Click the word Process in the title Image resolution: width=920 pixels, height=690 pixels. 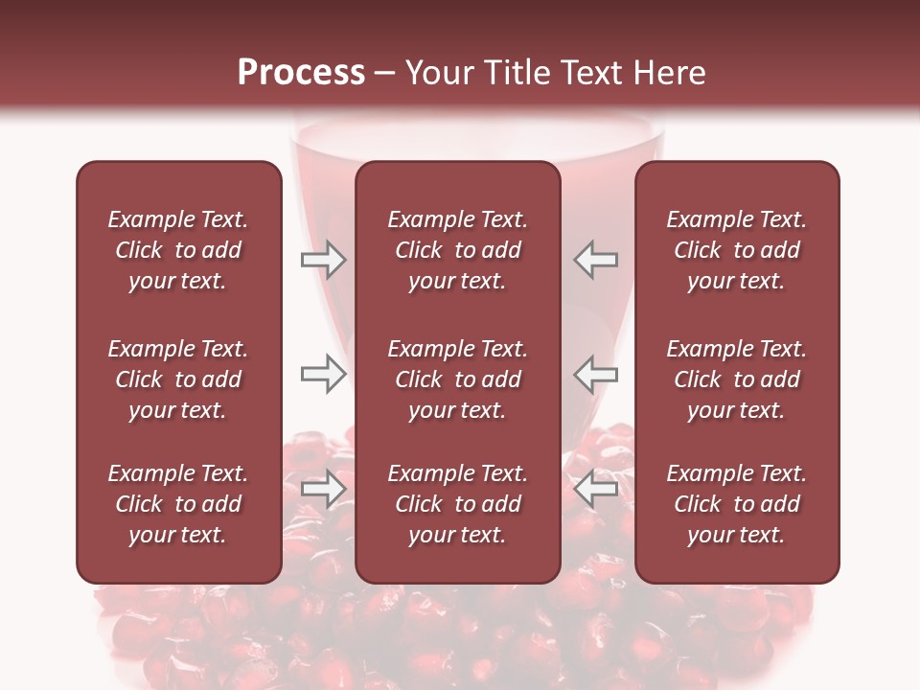[301, 72]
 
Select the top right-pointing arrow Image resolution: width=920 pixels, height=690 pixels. [323, 260]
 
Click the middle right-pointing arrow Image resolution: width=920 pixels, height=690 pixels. [323, 374]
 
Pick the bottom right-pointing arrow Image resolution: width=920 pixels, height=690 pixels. [323, 490]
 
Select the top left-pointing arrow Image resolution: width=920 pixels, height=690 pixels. [595, 260]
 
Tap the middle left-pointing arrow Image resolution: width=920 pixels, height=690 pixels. [595, 374]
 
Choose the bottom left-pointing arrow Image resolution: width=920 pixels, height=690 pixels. [595, 490]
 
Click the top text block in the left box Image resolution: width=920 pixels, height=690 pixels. [178, 250]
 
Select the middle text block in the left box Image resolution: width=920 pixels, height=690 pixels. [178, 379]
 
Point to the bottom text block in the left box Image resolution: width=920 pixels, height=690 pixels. [178, 504]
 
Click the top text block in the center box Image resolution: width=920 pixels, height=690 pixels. [457, 250]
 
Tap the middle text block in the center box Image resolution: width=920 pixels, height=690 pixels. [457, 379]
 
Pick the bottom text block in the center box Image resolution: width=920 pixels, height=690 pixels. [457, 504]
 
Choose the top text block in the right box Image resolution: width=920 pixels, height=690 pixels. [736, 250]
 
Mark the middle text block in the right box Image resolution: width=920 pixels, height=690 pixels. [736, 379]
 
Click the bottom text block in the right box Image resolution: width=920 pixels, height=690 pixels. [736, 504]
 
